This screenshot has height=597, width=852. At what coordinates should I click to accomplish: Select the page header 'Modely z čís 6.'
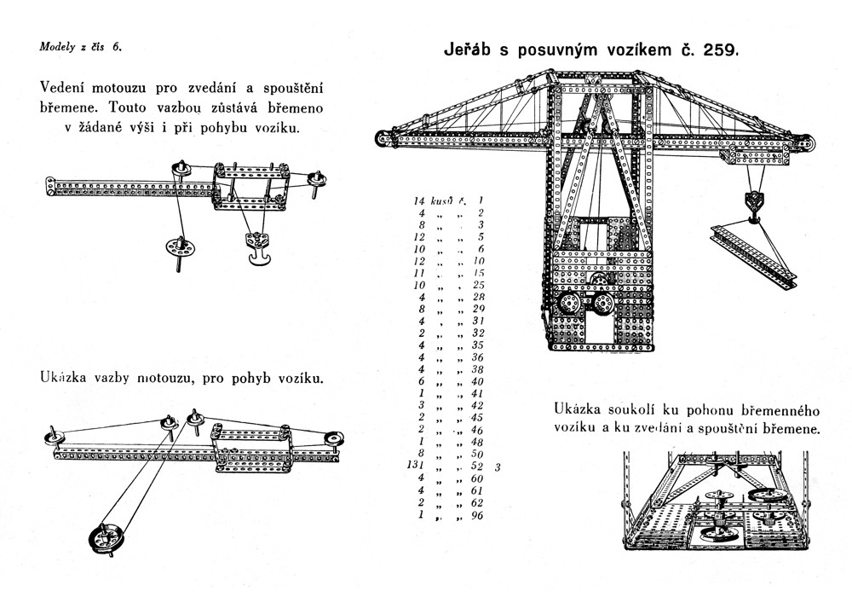click(x=80, y=47)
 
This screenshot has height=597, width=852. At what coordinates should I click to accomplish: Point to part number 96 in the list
click(x=477, y=514)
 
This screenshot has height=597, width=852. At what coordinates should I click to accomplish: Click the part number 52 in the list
click(x=476, y=467)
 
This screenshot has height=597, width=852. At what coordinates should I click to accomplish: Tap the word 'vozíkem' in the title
click(x=622, y=49)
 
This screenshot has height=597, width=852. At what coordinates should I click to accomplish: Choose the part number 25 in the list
click(x=478, y=284)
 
